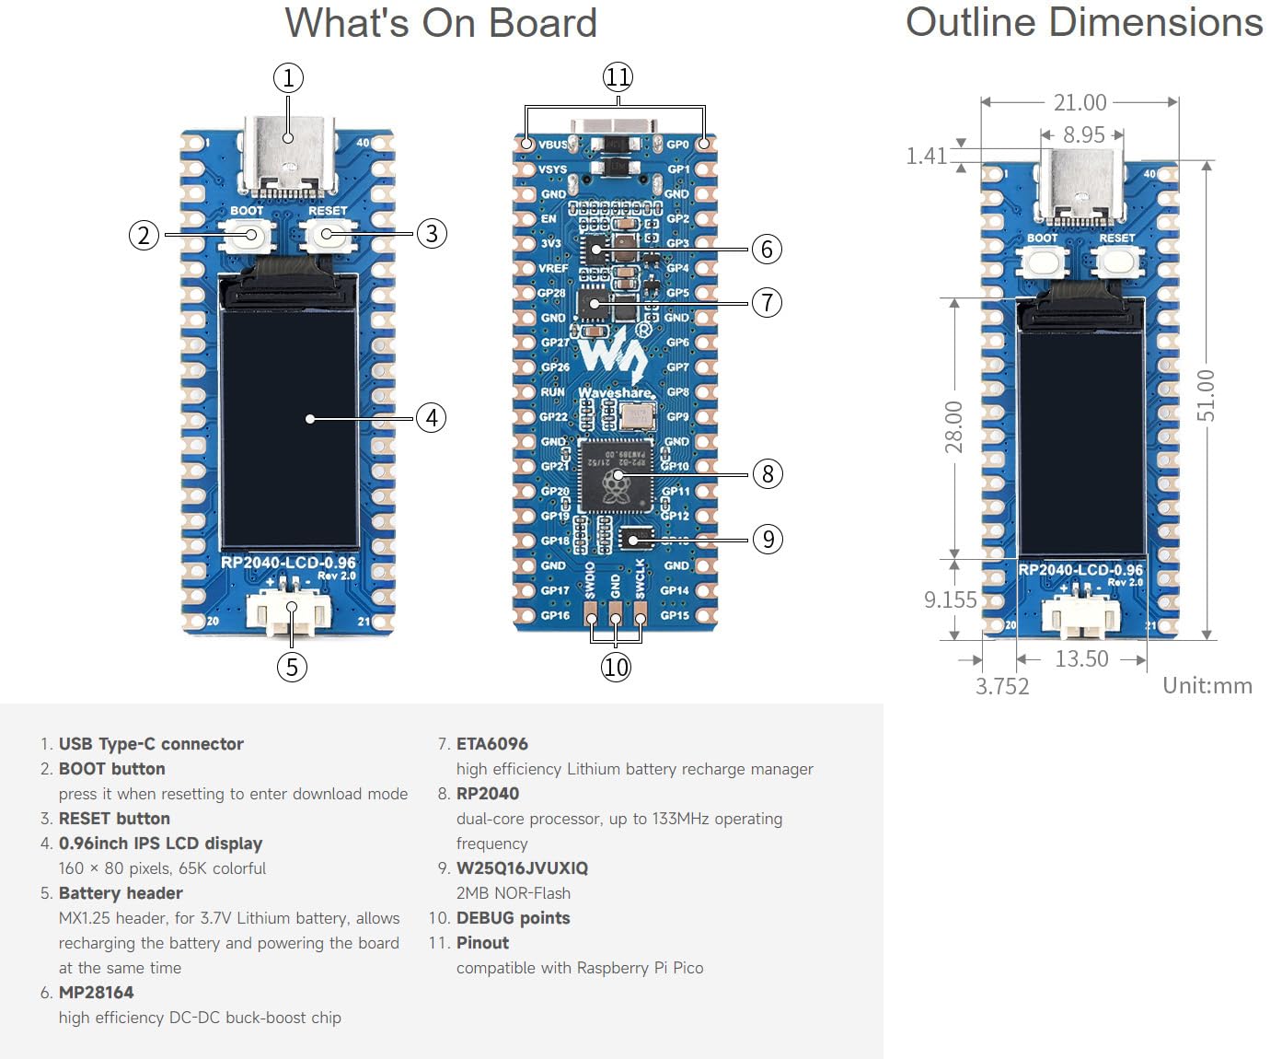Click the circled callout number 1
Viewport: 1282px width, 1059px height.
(x=288, y=77)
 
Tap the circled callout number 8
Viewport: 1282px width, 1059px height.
(x=768, y=473)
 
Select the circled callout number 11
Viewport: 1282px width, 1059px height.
(x=618, y=76)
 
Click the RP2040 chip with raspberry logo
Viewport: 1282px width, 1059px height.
(x=615, y=477)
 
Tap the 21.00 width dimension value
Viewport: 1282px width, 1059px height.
(x=1080, y=102)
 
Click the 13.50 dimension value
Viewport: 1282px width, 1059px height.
(x=1081, y=658)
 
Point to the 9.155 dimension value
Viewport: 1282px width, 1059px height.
(x=950, y=599)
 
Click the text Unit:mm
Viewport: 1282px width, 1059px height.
(x=1207, y=685)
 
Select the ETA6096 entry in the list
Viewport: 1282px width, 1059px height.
(x=492, y=744)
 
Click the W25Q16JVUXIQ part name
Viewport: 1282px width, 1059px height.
(x=522, y=868)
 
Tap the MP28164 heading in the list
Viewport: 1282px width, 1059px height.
(x=96, y=993)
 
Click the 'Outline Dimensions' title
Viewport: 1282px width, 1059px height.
(x=1083, y=22)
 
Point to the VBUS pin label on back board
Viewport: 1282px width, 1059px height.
(x=552, y=145)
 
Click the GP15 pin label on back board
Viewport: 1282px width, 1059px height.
(x=675, y=615)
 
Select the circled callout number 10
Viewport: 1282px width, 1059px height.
(x=616, y=667)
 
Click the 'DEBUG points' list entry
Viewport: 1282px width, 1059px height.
(x=513, y=918)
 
